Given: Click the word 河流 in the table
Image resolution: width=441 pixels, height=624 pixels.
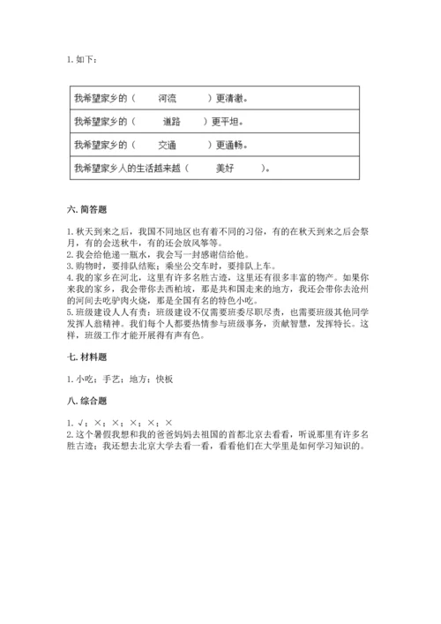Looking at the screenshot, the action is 168,98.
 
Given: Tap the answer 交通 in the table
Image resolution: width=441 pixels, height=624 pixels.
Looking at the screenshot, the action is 168,145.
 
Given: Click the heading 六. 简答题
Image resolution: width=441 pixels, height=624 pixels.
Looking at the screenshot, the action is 86,210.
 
